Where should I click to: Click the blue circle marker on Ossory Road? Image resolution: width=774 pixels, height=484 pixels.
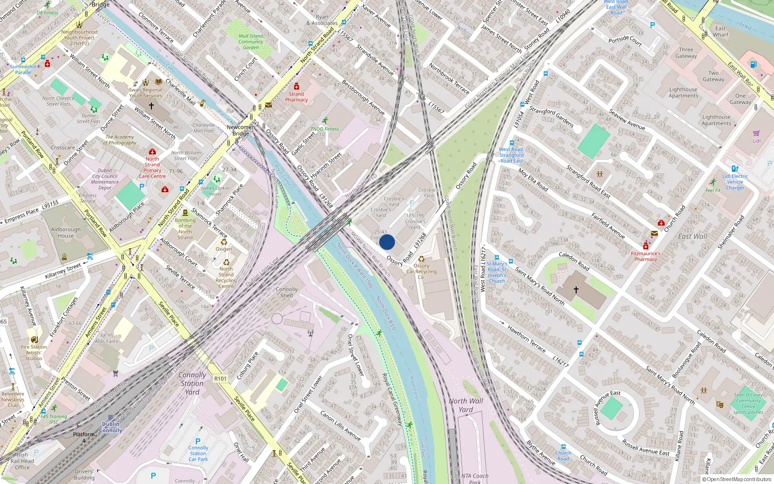[387, 242]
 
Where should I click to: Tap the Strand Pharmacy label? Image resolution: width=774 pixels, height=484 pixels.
[296, 97]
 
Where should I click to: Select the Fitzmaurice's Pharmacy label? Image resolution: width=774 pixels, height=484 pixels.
[645, 256]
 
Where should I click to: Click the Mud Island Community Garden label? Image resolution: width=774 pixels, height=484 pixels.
[251, 42]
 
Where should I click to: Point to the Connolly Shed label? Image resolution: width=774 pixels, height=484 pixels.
[286, 292]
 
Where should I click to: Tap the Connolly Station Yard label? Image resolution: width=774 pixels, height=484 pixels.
[192, 383]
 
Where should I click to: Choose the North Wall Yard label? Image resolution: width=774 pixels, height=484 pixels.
[465, 405]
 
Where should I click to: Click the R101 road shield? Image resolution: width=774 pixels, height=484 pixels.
[220, 378]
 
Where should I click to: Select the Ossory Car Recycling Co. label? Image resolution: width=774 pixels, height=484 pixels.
[421, 272]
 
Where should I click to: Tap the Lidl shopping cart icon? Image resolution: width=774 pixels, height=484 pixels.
[756, 133]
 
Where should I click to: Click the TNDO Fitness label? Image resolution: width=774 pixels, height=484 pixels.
[325, 129]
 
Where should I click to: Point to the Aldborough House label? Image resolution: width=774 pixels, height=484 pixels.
[66, 233]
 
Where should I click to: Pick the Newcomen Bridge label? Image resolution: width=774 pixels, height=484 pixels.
[241, 130]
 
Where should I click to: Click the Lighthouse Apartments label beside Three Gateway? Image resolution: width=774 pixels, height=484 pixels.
[683, 92]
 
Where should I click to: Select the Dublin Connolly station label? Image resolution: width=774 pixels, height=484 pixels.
[111, 427]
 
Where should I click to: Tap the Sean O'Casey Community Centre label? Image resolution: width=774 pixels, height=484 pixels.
[748, 403]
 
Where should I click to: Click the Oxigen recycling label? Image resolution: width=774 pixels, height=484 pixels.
[223, 249]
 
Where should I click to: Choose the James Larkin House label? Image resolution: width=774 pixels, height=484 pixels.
[215, 191]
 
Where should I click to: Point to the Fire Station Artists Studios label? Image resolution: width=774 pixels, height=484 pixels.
[34, 352]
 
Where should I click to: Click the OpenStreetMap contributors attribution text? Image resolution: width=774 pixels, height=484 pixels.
[739, 479]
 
